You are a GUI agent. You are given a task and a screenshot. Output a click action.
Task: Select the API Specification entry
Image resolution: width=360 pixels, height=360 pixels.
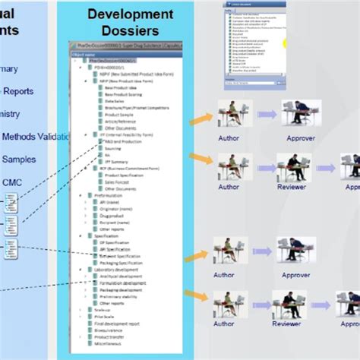pyautogui.click(x=122, y=248)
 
